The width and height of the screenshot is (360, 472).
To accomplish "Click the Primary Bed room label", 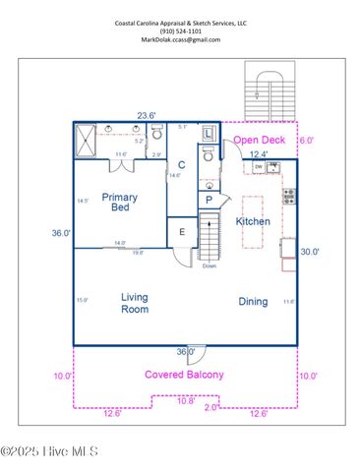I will pyautogui.click(x=120, y=204).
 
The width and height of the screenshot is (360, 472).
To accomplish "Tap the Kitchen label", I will pyautogui.click(x=253, y=222).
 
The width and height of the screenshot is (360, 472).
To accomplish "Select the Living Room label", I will pyautogui.click(x=135, y=303).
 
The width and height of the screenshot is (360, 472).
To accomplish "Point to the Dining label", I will pyautogui.click(x=253, y=302).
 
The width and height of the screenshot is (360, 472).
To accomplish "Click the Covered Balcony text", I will pyautogui.click(x=184, y=375).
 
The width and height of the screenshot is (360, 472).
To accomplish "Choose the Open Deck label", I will pyautogui.click(x=259, y=140).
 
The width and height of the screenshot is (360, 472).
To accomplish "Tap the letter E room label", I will pyautogui.click(x=182, y=232).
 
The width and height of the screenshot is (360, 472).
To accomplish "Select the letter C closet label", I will pyautogui.click(x=182, y=165).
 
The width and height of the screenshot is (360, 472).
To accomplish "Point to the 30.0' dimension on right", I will pyautogui.click(x=310, y=252).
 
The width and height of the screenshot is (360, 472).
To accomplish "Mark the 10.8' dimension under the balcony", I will pyautogui.click(x=184, y=400).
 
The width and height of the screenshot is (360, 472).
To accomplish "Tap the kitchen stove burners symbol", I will pyautogui.click(x=289, y=197).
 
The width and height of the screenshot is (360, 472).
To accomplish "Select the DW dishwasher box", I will pyautogui.click(x=258, y=167).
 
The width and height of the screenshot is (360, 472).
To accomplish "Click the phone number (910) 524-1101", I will pyautogui.click(x=180, y=30).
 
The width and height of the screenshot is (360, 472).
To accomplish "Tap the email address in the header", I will pyautogui.click(x=180, y=40).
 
